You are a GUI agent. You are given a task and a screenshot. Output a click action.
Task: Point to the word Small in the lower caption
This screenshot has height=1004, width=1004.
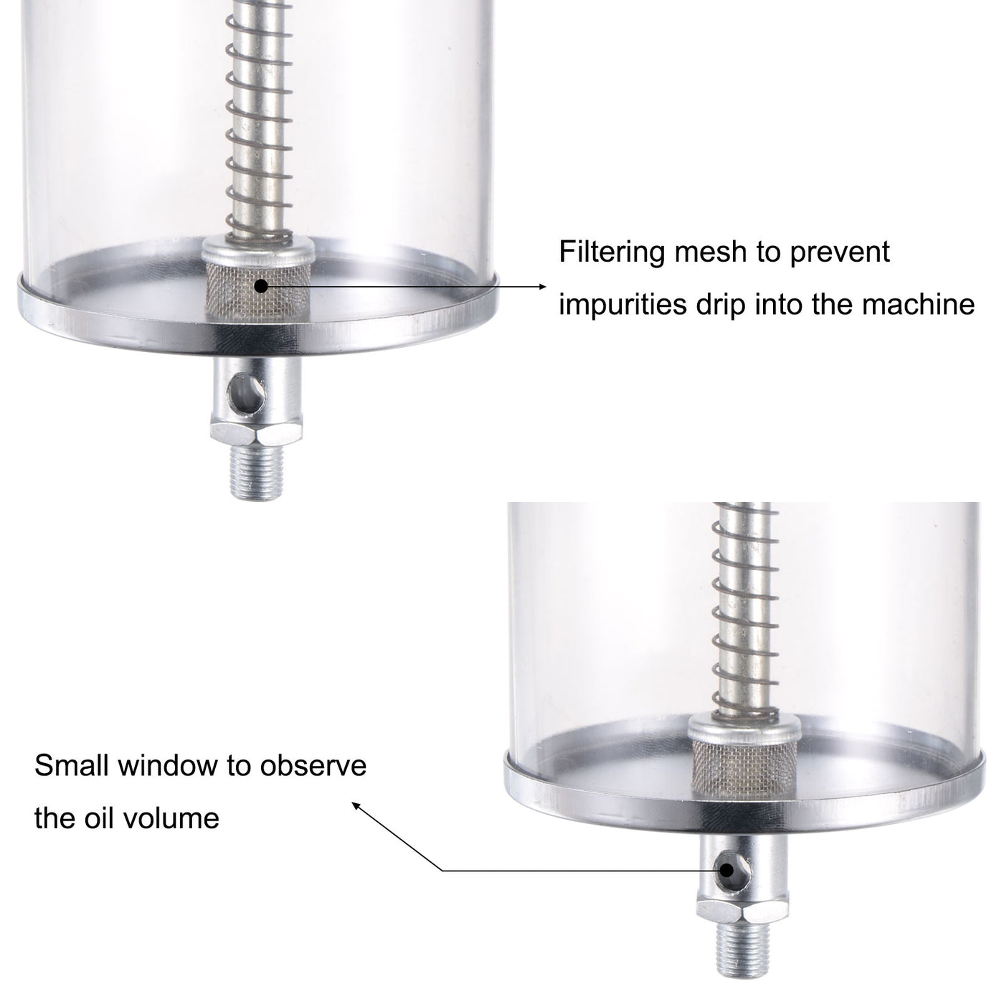coord(72,766)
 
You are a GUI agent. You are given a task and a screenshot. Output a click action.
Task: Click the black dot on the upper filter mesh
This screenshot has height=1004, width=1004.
coord(260,285)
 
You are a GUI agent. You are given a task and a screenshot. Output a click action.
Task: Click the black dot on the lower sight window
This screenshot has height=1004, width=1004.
coord(727,871)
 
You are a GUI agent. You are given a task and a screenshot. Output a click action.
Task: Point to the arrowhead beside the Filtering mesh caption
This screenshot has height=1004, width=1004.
coord(541,286)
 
